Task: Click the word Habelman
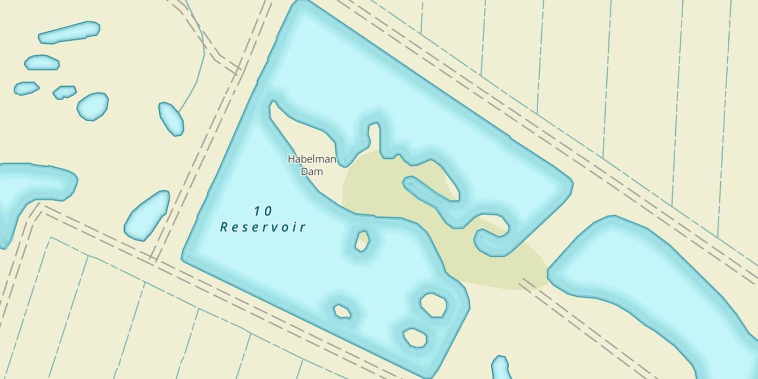pyautogui.click(x=312, y=159)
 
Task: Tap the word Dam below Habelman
pyautogui.click(x=312, y=172)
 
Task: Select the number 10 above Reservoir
pyautogui.click(x=263, y=211)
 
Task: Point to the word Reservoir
pyautogui.click(x=263, y=227)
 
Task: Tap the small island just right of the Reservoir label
pyautogui.click(x=362, y=241)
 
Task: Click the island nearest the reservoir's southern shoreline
pyautogui.click(x=415, y=338)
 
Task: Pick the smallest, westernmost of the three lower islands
pyautogui.click(x=342, y=311)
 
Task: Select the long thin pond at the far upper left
pyautogui.click(x=69, y=32)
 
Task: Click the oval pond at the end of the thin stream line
pyautogui.click(x=171, y=119)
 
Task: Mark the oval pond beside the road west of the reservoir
pyautogui.click(x=147, y=216)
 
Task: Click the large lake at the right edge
pyautogui.click(x=652, y=283)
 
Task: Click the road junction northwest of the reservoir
pyautogui.click(x=238, y=68)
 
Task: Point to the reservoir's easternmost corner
pyautogui.click(x=571, y=182)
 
